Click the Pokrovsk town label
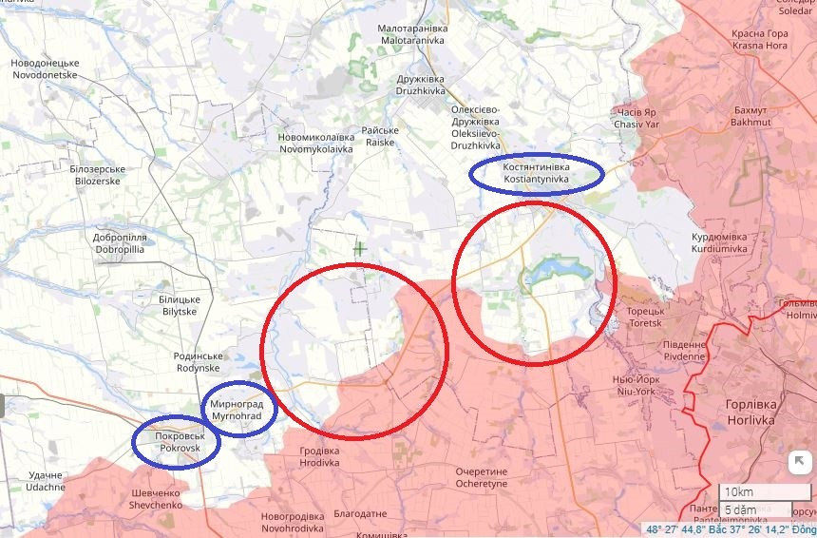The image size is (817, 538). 175,440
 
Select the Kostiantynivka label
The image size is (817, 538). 537,173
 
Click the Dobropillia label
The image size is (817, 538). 119,243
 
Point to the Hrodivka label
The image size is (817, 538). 319,457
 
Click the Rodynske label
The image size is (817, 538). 198,361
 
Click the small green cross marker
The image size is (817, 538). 360,249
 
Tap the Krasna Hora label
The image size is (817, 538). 759,39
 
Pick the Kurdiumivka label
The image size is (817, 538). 718,242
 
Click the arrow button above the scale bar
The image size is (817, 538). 799,462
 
